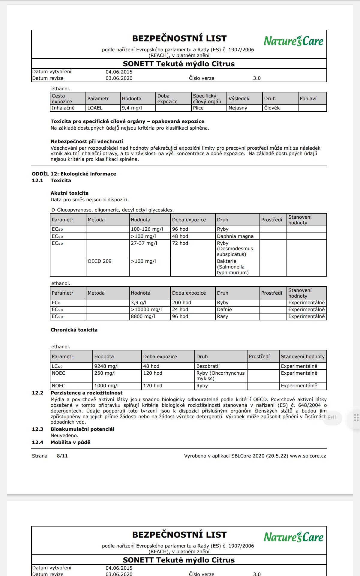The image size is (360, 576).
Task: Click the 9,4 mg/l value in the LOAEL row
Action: click(132, 108)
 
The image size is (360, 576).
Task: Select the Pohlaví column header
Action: click(308, 98)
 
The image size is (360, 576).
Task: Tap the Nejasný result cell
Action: click(238, 108)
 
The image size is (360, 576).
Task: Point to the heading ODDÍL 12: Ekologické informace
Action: click(74, 174)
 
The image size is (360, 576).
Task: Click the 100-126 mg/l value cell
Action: click(147, 229)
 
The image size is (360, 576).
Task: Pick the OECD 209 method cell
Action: click(100, 261)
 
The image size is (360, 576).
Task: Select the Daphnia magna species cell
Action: click(235, 236)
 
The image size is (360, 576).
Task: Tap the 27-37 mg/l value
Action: click(144, 243)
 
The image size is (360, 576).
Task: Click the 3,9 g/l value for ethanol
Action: click(139, 303)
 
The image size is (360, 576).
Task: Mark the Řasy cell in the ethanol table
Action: click(222, 316)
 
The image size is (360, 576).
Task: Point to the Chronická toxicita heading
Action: click(74, 330)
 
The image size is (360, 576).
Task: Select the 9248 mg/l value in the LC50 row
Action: click(106, 366)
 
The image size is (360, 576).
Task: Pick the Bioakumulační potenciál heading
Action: click(82, 429)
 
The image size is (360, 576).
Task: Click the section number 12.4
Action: click(37, 442)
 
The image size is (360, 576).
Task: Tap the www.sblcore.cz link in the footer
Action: click(308, 456)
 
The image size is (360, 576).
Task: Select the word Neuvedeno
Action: click(64, 435)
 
